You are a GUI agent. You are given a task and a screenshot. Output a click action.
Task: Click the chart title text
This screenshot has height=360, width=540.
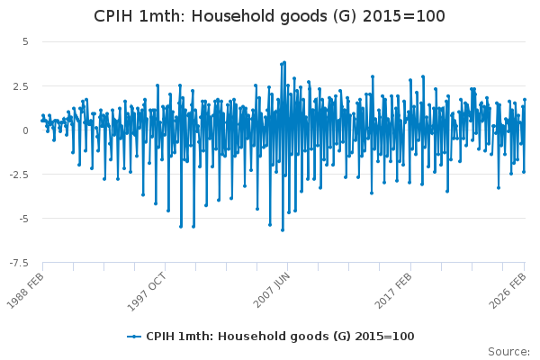pyautogui.click(x=270, y=16)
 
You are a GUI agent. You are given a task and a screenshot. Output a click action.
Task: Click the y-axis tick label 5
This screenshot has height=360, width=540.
pyautogui.click(x=25, y=41)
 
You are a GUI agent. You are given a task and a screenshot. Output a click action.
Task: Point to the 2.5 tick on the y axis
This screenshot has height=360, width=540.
pyautogui.click(x=22, y=85)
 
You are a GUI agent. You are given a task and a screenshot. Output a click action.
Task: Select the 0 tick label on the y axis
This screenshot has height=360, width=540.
pyautogui.click(x=25, y=130)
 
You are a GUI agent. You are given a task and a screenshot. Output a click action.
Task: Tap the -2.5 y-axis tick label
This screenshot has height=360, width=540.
pyautogui.click(x=20, y=174)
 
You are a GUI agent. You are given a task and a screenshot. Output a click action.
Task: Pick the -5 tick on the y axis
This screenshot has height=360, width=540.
pyautogui.click(x=22, y=218)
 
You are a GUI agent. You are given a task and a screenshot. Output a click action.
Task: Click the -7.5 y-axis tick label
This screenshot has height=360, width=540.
pyautogui.click(x=20, y=263)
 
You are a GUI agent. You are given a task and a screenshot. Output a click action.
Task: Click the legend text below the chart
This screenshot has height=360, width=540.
pyautogui.click(x=280, y=336)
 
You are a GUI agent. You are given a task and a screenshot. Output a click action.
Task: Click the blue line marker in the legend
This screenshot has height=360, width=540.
pyautogui.click(x=134, y=336)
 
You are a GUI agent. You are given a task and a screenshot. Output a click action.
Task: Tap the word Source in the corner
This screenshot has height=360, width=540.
pyautogui.click(x=508, y=352)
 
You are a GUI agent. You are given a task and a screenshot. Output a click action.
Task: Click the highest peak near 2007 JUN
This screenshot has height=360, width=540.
pyautogui.click(x=284, y=62)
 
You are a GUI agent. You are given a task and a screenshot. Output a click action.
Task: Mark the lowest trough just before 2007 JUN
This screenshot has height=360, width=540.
pyautogui.click(x=282, y=229)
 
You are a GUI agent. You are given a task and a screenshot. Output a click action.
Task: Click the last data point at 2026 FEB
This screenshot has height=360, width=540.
pyautogui.click(x=525, y=100)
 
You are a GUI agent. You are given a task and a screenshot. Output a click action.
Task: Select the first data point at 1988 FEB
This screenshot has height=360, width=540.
pyautogui.click(x=42, y=116)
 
